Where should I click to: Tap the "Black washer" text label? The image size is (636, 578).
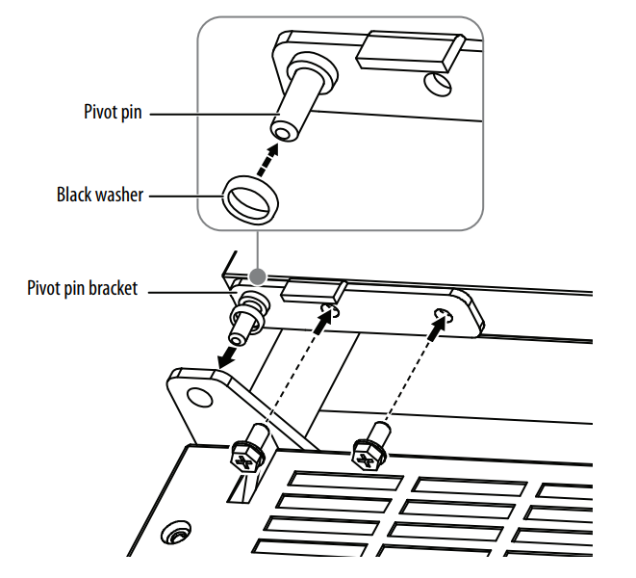click(99, 195)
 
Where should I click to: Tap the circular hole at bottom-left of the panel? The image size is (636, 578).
click(176, 533)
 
